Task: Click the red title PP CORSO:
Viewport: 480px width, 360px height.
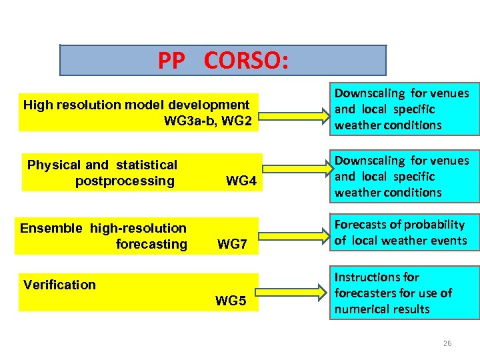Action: pyautogui.click(x=223, y=61)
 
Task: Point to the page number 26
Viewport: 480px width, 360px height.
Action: pyautogui.click(x=447, y=343)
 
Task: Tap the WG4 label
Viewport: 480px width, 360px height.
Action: pyautogui.click(x=241, y=181)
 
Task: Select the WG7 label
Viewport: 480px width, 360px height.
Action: pyautogui.click(x=233, y=245)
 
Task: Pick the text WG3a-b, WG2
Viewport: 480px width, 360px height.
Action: pyautogui.click(x=207, y=121)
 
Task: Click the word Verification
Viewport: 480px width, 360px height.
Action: pyautogui.click(x=59, y=285)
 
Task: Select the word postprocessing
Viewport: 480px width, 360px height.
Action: pyautogui.click(x=125, y=181)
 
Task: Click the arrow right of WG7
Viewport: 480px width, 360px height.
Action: pyautogui.click(x=293, y=234)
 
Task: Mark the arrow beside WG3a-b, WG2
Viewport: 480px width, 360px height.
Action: pyautogui.click(x=293, y=111)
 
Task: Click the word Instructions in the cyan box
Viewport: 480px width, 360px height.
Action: pyautogui.click(x=367, y=277)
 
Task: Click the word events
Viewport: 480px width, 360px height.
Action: pyautogui.click(x=449, y=241)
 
